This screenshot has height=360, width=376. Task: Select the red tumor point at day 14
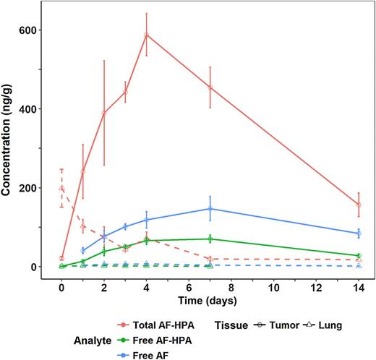[x=359, y=205]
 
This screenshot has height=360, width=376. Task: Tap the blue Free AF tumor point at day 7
[x=210, y=208]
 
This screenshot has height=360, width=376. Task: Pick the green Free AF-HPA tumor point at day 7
[x=210, y=239]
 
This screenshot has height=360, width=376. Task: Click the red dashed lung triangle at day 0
[x=61, y=188]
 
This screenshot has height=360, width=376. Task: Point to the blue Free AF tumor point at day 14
[x=359, y=233]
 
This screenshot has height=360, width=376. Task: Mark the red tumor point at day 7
[x=210, y=87]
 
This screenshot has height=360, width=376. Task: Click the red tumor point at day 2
[x=104, y=113]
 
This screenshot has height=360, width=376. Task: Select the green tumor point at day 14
[x=359, y=256]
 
